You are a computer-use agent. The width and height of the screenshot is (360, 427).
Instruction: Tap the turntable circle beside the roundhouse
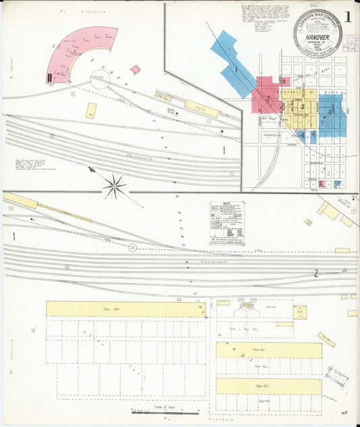pyautogui.click(x=100, y=80)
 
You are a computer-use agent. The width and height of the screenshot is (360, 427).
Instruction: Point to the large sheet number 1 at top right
pyautogui.click(x=346, y=17)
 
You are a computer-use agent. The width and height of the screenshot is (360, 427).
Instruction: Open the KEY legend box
pyautogui.click(x=227, y=222)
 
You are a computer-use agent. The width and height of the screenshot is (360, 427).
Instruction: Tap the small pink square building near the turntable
pyautogui.click(x=136, y=70)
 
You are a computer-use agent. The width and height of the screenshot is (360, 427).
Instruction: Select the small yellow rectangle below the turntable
pyautogui.click(x=91, y=111)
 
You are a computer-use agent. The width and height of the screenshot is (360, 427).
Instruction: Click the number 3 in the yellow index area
pyautogui.click(x=303, y=107)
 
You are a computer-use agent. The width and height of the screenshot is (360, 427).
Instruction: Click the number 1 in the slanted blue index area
pyautogui.click(x=236, y=69)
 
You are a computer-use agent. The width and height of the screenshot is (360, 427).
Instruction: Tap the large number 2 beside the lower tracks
pyautogui.click(x=315, y=273)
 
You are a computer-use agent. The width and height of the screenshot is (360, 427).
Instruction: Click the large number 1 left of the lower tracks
pyautogui.click(x=13, y=236)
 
